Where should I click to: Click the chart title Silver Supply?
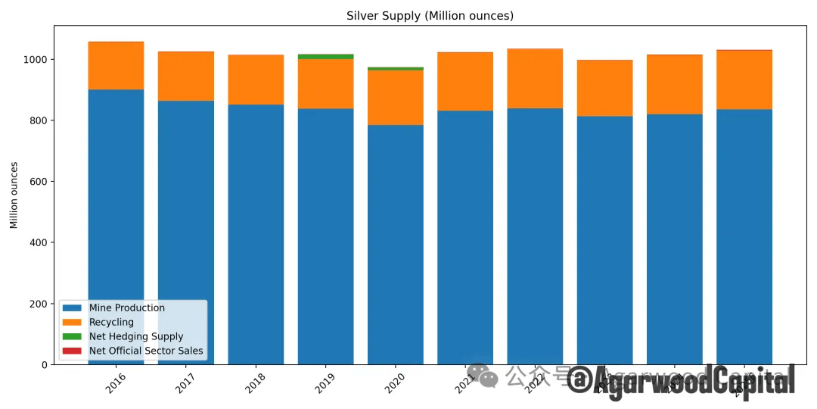tap(430, 16)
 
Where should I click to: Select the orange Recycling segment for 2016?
tap(116, 66)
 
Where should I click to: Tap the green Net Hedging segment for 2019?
tap(325, 56)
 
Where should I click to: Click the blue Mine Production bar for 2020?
tap(395, 242)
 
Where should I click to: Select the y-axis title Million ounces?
tap(14, 195)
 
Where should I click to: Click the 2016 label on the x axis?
tap(116, 382)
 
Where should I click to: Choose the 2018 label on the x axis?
tap(256, 382)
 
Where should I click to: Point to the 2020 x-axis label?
tap(395, 382)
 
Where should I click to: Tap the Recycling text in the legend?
tap(111, 323)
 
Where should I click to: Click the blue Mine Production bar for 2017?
tap(186, 227)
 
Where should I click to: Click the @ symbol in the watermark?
tap(579, 379)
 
